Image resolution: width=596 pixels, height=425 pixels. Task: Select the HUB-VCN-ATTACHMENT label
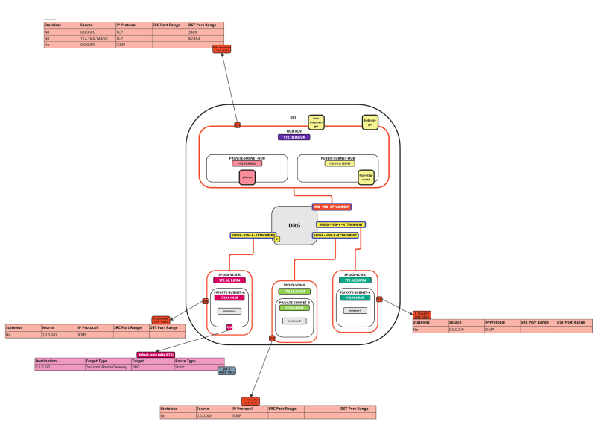point(332,207)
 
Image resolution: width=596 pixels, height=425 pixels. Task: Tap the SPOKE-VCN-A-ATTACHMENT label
point(253,235)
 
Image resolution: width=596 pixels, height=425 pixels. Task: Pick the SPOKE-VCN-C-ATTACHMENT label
point(341,224)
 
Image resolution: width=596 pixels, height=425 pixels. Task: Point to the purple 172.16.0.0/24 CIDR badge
point(295,137)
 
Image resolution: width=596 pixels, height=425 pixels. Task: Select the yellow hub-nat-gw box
point(368,122)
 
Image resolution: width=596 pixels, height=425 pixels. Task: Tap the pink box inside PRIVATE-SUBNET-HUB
point(247,177)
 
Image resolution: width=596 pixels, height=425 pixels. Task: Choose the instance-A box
point(229,311)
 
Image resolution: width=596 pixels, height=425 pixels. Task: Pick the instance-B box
point(294,321)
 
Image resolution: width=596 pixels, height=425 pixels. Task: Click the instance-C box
point(355,310)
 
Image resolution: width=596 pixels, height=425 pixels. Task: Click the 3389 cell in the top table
point(206,32)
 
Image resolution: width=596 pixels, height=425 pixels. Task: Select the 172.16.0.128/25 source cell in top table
point(97,38)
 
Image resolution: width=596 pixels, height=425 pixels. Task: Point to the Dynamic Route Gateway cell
point(107,368)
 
